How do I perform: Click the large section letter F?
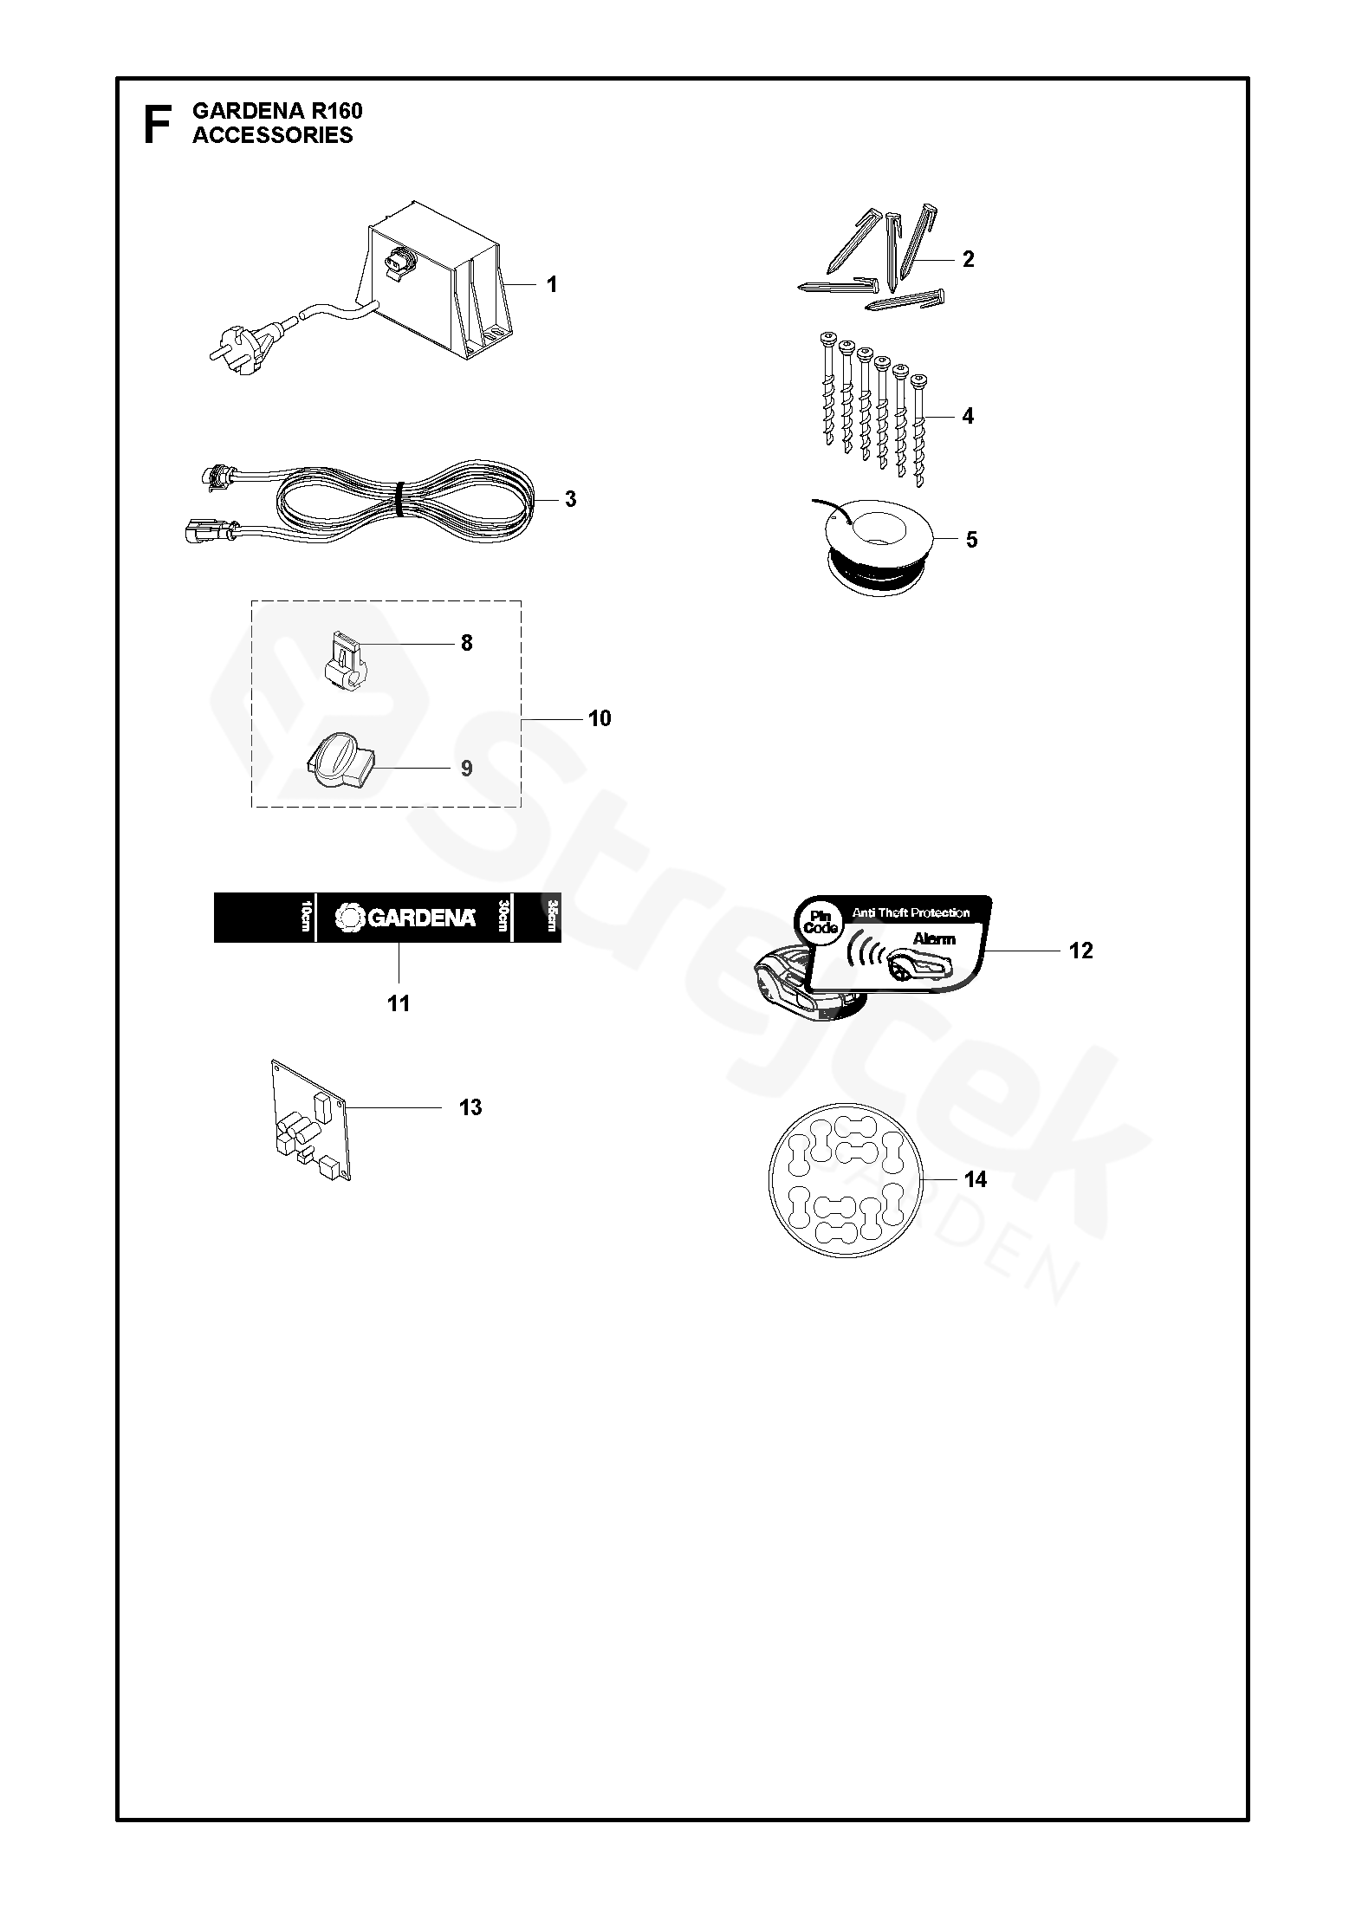(x=156, y=124)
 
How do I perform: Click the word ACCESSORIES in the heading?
(x=272, y=135)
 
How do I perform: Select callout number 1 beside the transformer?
(x=552, y=284)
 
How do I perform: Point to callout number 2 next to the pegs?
(x=968, y=259)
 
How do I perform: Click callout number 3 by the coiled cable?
(x=569, y=499)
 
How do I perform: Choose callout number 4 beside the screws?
(x=968, y=417)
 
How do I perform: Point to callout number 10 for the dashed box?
(x=599, y=718)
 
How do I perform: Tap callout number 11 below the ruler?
(x=398, y=1003)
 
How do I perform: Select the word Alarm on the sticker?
(x=933, y=939)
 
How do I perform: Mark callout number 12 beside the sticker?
(x=1080, y=951)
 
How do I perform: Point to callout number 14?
(x=975, y=1179)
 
